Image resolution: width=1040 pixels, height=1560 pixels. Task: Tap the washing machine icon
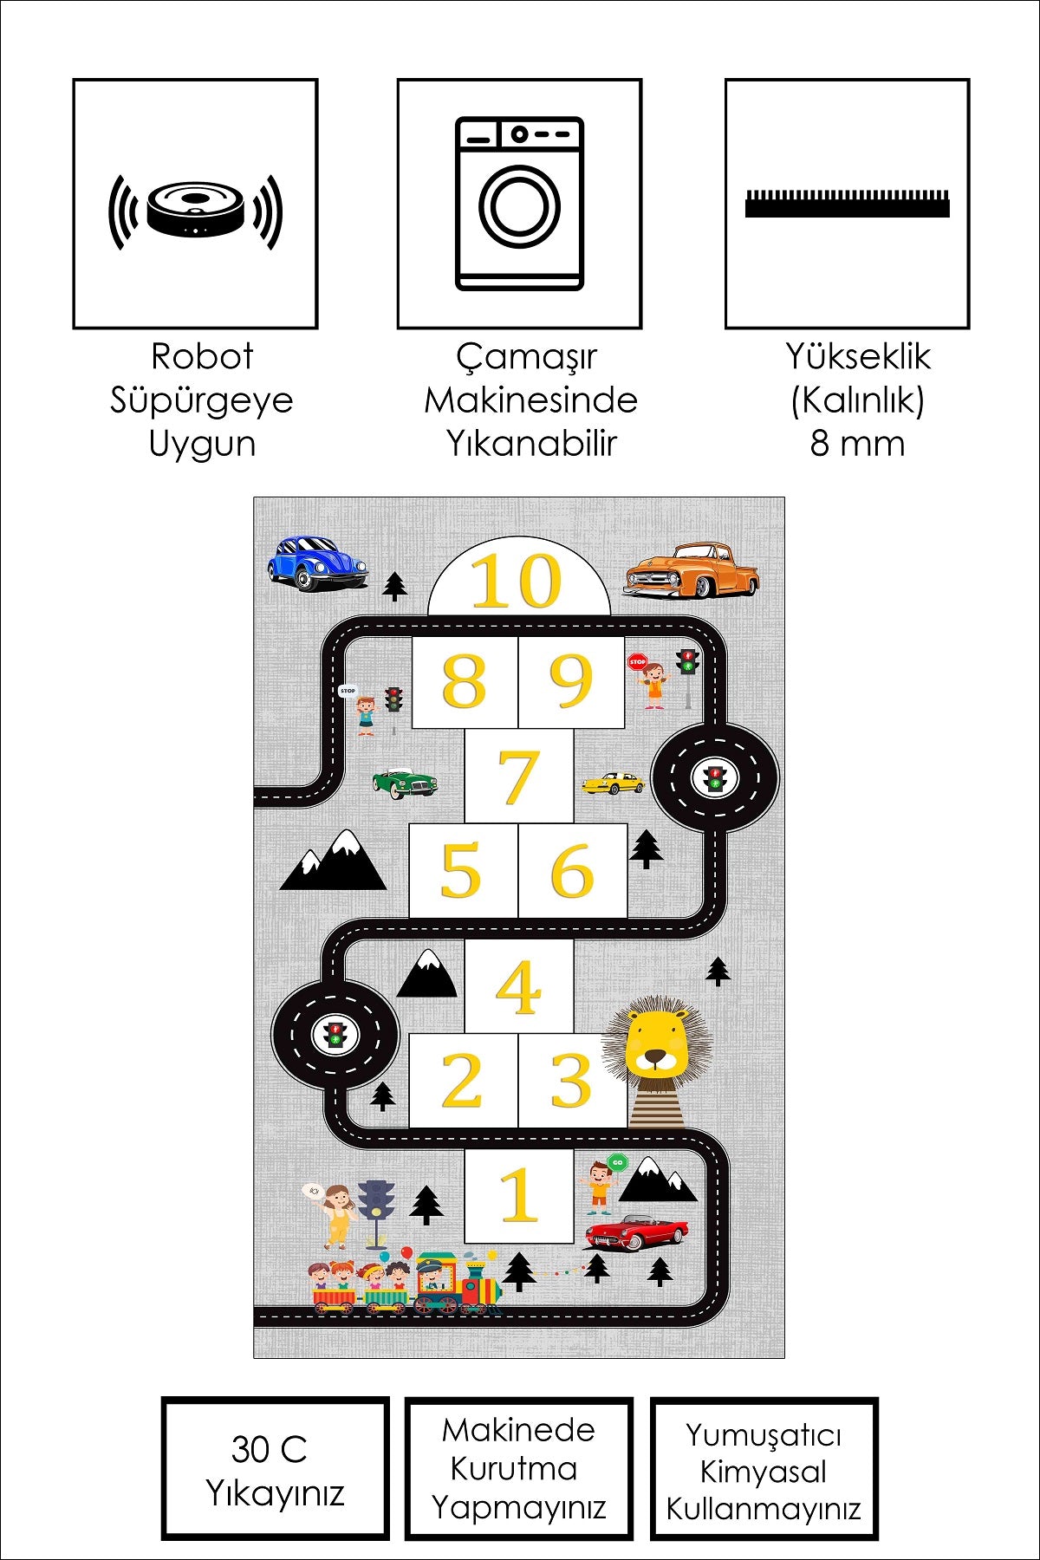click(x=519, y=204)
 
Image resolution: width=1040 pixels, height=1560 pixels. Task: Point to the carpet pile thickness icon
click(x=847, y=204)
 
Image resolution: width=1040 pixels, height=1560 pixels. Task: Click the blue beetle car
click(x=315, y=562)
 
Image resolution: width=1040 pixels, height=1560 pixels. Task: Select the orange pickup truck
click(x=692, y=570)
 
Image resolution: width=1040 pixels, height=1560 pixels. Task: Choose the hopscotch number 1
click(x=518, y=1194)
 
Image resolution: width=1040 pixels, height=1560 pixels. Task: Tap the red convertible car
click(x=637, y=1231)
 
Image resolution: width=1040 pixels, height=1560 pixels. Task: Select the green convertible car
click(x=405, y=782)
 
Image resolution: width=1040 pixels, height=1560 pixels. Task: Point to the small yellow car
click(x=614, y=783)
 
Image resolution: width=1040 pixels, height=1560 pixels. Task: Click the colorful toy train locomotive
click(x=456, y=1284)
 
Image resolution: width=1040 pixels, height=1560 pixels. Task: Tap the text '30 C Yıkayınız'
click(x=274, y=1470)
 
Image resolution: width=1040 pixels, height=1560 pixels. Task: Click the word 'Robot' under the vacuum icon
click(x=201, y=356)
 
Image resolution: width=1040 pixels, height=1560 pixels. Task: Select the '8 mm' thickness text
click(x=857, y=444)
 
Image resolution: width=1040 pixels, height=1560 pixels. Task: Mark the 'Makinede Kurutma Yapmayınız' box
click(x=518, y=1469)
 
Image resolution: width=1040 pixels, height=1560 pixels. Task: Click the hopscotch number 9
click(x=571, y=681)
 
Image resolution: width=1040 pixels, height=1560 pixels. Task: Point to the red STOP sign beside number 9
click(x=637, y=661)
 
